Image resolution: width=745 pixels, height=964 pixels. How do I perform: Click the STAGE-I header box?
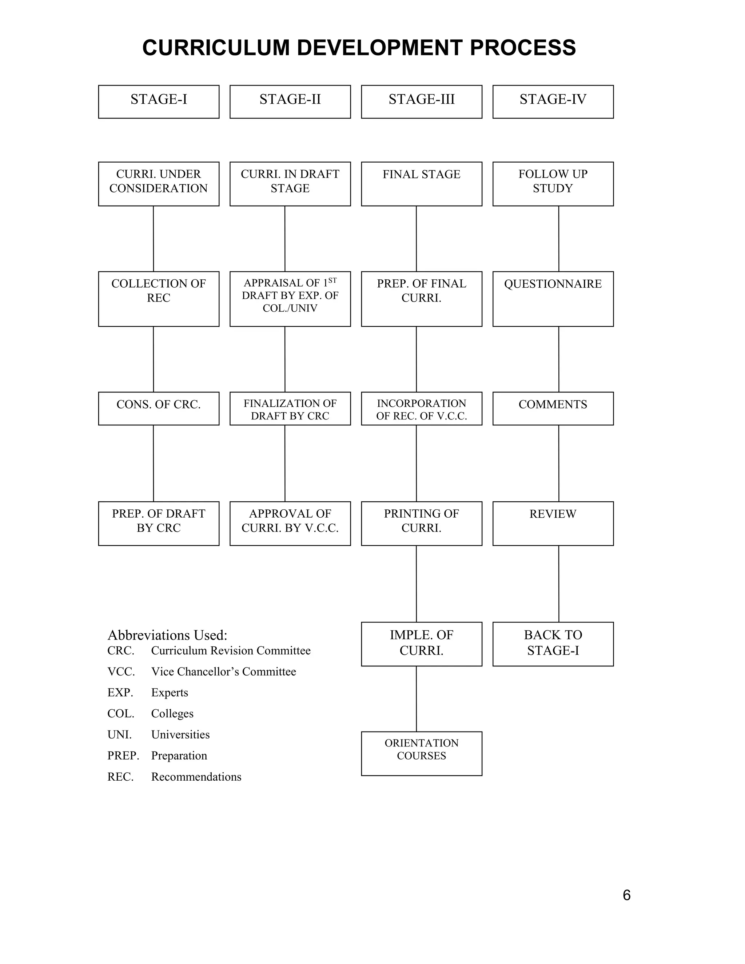(159, 101)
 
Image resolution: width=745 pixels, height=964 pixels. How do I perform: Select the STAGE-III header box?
(422, 101)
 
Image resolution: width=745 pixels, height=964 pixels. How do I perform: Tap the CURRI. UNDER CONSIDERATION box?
(159, 184)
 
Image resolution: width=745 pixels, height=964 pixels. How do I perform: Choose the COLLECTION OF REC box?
(159, 299)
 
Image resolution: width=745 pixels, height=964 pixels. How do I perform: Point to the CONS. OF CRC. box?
(159, 408)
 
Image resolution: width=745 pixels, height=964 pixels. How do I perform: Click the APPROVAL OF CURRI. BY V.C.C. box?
(290, 523)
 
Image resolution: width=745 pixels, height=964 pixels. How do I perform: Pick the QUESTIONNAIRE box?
(553, 299)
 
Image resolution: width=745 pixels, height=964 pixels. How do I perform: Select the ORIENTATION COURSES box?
(422, 753)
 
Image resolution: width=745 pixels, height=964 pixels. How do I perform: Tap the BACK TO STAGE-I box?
(553, 644)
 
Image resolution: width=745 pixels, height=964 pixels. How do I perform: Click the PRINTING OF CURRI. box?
(422, 523)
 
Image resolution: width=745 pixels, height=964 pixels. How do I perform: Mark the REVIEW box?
(553, 523)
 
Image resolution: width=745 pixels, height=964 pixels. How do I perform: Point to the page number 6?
(627, 895)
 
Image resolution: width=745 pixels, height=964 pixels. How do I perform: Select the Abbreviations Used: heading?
(167, 635)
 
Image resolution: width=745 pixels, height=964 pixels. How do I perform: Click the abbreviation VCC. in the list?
(121, 672)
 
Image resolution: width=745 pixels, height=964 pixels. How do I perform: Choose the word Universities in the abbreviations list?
(180, 734)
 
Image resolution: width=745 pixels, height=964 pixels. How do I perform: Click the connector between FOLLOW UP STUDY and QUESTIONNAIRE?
(559, 238)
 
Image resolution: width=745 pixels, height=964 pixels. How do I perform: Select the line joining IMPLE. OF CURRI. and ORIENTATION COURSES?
(416, 699)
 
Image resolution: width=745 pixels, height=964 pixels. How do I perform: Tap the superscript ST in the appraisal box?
(332, 280)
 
